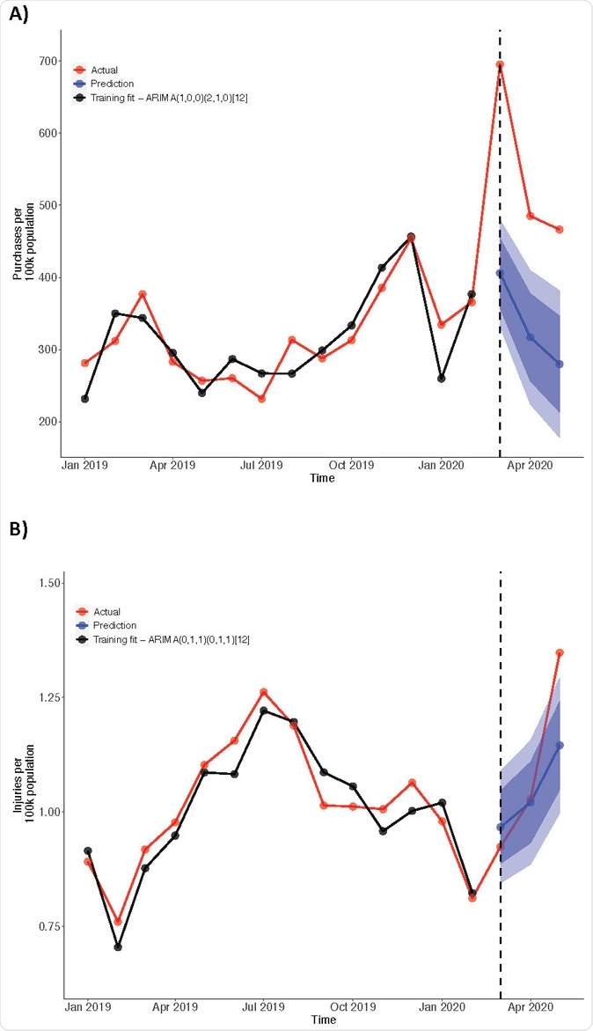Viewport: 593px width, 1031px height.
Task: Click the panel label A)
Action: click(x=20, y=15)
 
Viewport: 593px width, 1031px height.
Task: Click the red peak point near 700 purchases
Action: click(x=500, y=65)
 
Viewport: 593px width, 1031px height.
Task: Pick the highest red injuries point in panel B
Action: click(x=560, y=652)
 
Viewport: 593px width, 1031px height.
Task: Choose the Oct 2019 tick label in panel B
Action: click(x=351, y=1005)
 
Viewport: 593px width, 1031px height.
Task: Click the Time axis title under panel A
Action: click(x=322, y=478)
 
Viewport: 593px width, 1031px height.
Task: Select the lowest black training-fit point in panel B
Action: click(x=117, y=946)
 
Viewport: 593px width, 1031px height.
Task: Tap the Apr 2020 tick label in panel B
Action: click(x=531, y=1005)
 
